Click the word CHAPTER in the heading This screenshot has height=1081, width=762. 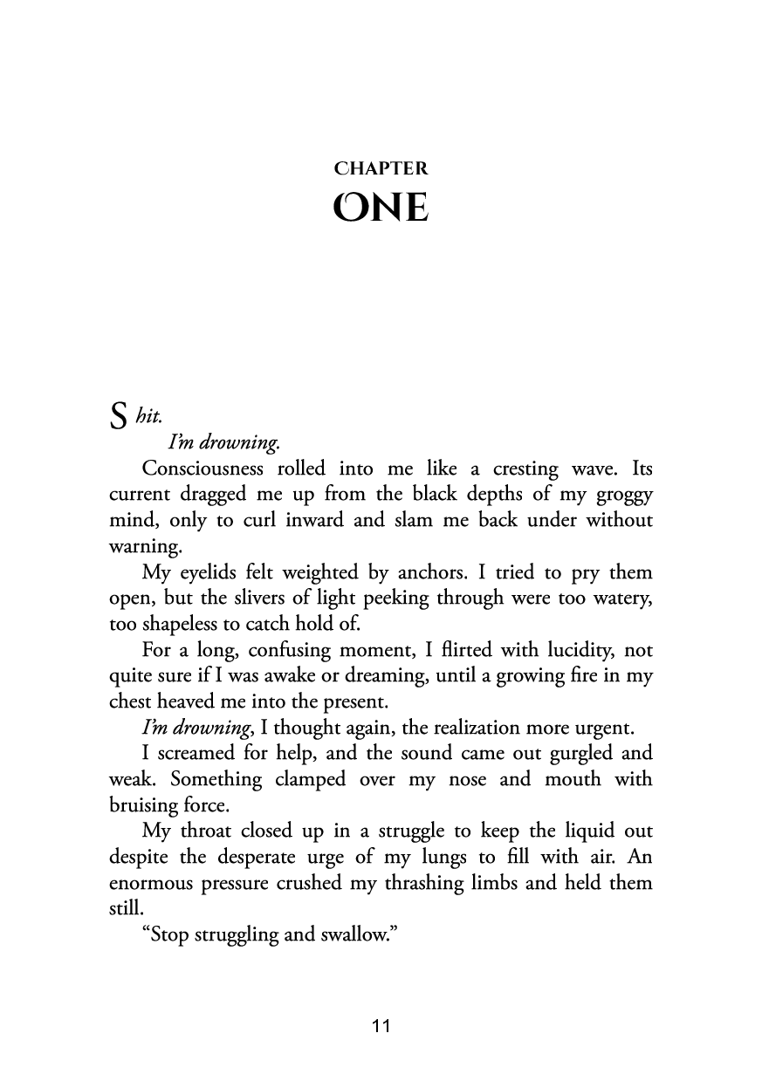(381, 168)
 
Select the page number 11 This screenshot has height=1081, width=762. (380, 1026)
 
